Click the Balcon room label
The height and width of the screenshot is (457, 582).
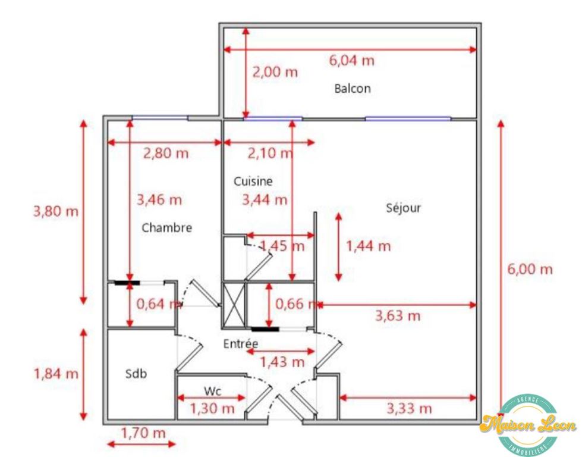(x=352, y=89)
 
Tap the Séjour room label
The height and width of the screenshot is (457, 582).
(x=403, y=208)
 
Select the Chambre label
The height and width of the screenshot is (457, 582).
(x=166, y=227)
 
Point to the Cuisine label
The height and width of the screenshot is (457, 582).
(x=253, y=181)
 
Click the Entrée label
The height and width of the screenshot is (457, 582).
(x=241, y=343)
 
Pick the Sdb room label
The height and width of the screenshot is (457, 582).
(x=136, y=374)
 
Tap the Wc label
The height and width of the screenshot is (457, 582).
(x=212, y=391)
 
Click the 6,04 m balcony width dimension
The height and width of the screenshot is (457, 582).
(x=352, y=60)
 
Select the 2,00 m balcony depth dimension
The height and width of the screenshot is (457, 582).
(x=275, y=73)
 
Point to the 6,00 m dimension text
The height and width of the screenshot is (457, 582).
(x=530, y=269)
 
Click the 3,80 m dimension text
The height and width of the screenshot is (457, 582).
(x=55, y=211)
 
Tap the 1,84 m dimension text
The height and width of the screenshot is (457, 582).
(x=55, y=374)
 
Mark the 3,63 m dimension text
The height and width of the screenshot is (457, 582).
(x=397, y=315)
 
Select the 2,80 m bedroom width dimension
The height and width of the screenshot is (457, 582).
(x=165, y=153)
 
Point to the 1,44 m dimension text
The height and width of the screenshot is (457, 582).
(x=369, y=245)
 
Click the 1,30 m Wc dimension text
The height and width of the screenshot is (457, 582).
(x=212, y=408)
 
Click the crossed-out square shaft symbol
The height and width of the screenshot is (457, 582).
(x=233, y=305)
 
